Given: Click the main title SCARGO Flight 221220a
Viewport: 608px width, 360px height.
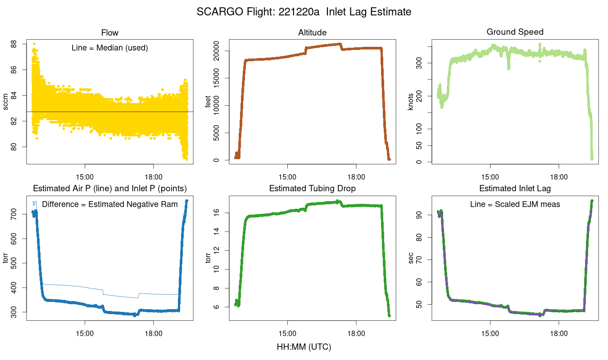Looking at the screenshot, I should (304, 12).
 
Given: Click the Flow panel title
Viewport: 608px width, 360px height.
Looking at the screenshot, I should (110, 32).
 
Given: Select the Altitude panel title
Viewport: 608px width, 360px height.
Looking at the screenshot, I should (312, 32).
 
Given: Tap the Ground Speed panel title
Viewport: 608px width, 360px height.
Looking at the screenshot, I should (515, 32).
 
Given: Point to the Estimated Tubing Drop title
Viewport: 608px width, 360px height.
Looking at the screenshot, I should (312, 189).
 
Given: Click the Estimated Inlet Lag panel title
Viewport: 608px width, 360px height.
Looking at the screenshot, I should (515, 189).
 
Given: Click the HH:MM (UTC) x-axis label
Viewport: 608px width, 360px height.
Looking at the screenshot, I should (304, 347).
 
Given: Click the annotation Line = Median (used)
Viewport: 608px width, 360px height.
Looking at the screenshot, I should (109, 48).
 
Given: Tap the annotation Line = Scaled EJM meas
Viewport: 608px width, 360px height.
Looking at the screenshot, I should (515, 204).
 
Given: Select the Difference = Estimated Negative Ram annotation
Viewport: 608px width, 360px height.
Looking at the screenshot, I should (109, 204).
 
